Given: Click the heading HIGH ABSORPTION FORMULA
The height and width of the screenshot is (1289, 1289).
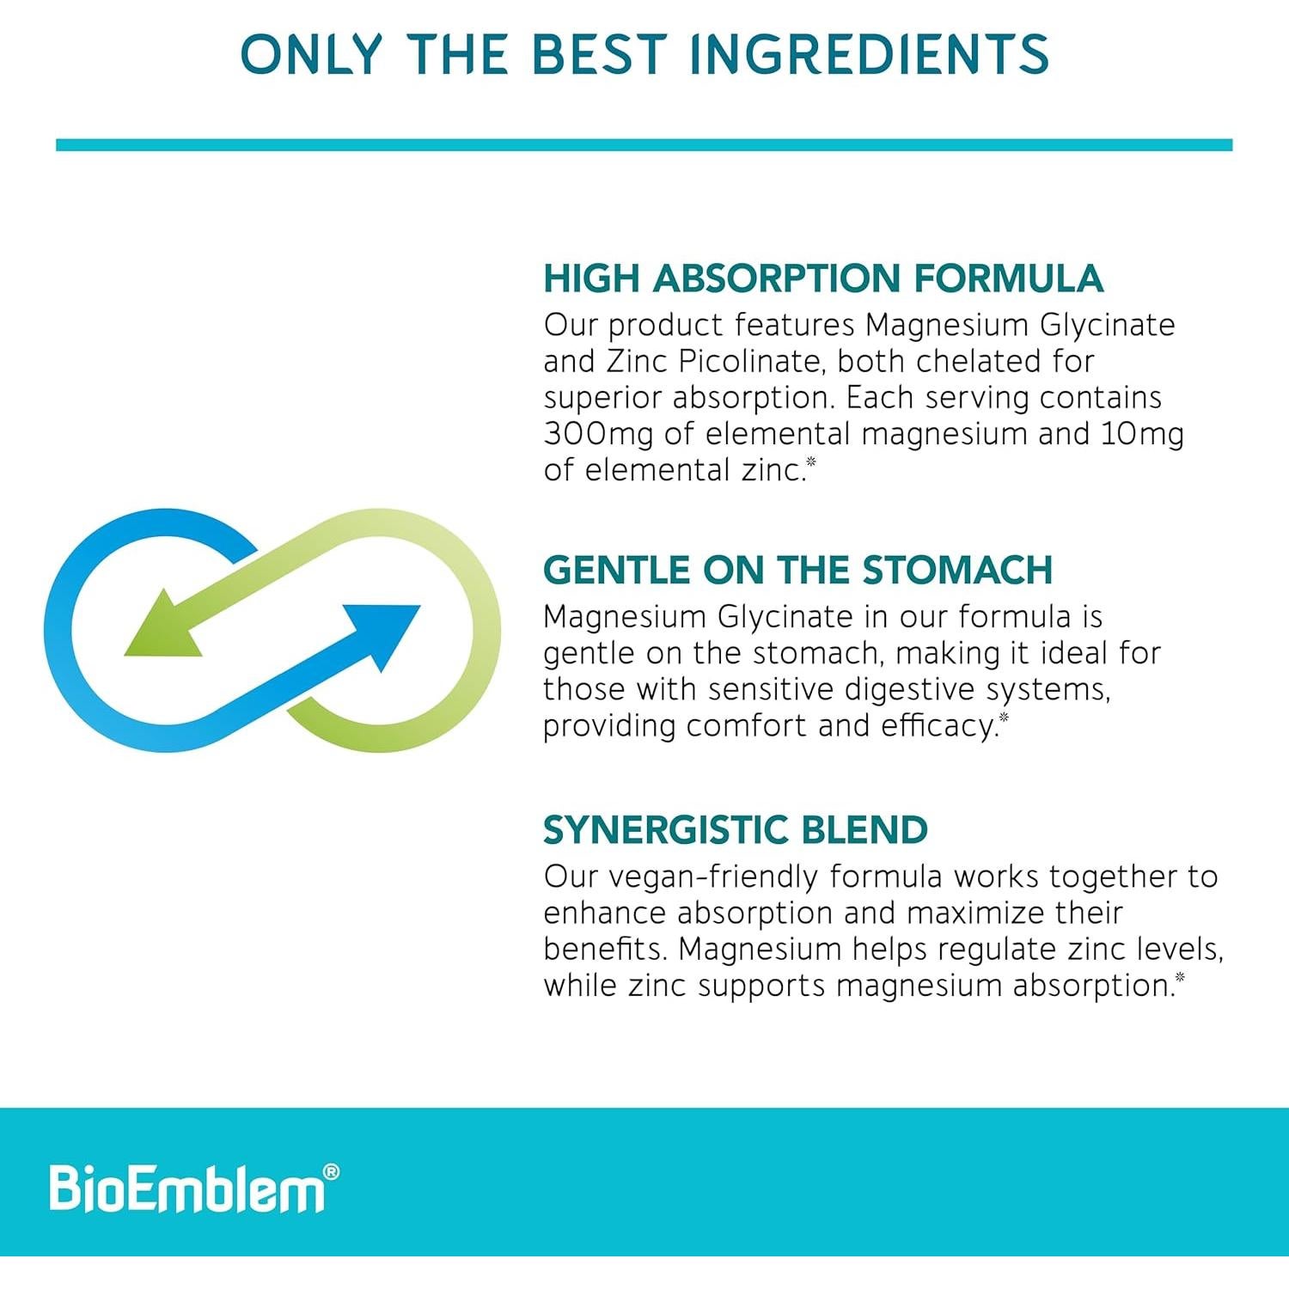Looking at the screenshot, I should (822, 278).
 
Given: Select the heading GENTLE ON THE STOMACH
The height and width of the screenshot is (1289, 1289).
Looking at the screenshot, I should (797, 570).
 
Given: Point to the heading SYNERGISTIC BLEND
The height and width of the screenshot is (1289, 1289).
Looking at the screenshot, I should (735, 830).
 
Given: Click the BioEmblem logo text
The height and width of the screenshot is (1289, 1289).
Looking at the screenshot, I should (186, 1189).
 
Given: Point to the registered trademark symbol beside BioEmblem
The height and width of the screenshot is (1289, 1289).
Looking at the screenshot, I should (330, 1172).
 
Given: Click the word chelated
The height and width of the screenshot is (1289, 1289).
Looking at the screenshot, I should (978, 362).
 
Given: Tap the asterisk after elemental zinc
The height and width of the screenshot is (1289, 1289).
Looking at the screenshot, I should (810, 462).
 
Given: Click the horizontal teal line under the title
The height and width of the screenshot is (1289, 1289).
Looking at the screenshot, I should (644, 145).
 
